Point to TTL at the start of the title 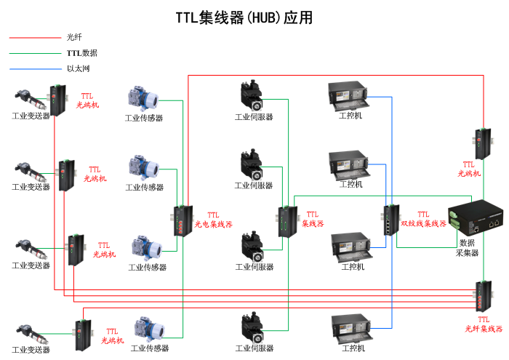tap(187, 18)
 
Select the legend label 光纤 tap(74, 37)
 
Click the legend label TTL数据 tap(81, 53)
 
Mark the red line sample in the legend tap(35, 37)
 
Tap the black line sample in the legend tap(35, 53)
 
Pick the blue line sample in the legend tap(35, 69)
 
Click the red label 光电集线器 tap(213, 225)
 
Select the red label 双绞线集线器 tap(423, 223)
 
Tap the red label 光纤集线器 tap(484, 329)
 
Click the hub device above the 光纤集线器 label tap(482, 295)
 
